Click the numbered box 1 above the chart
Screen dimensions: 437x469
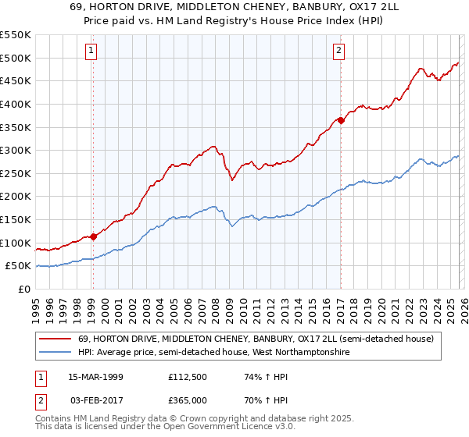[91, 52]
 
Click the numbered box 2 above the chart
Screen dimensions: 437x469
[339, 52]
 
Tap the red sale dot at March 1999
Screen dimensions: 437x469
[93, 236]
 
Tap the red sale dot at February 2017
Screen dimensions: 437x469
[341, 120]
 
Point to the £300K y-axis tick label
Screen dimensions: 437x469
[16, 150]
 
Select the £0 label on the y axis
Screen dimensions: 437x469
[25, 289]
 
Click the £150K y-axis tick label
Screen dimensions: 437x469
[16, 219]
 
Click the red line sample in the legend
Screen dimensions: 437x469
[55, 339]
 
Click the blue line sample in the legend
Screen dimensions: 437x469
[55, 353]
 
